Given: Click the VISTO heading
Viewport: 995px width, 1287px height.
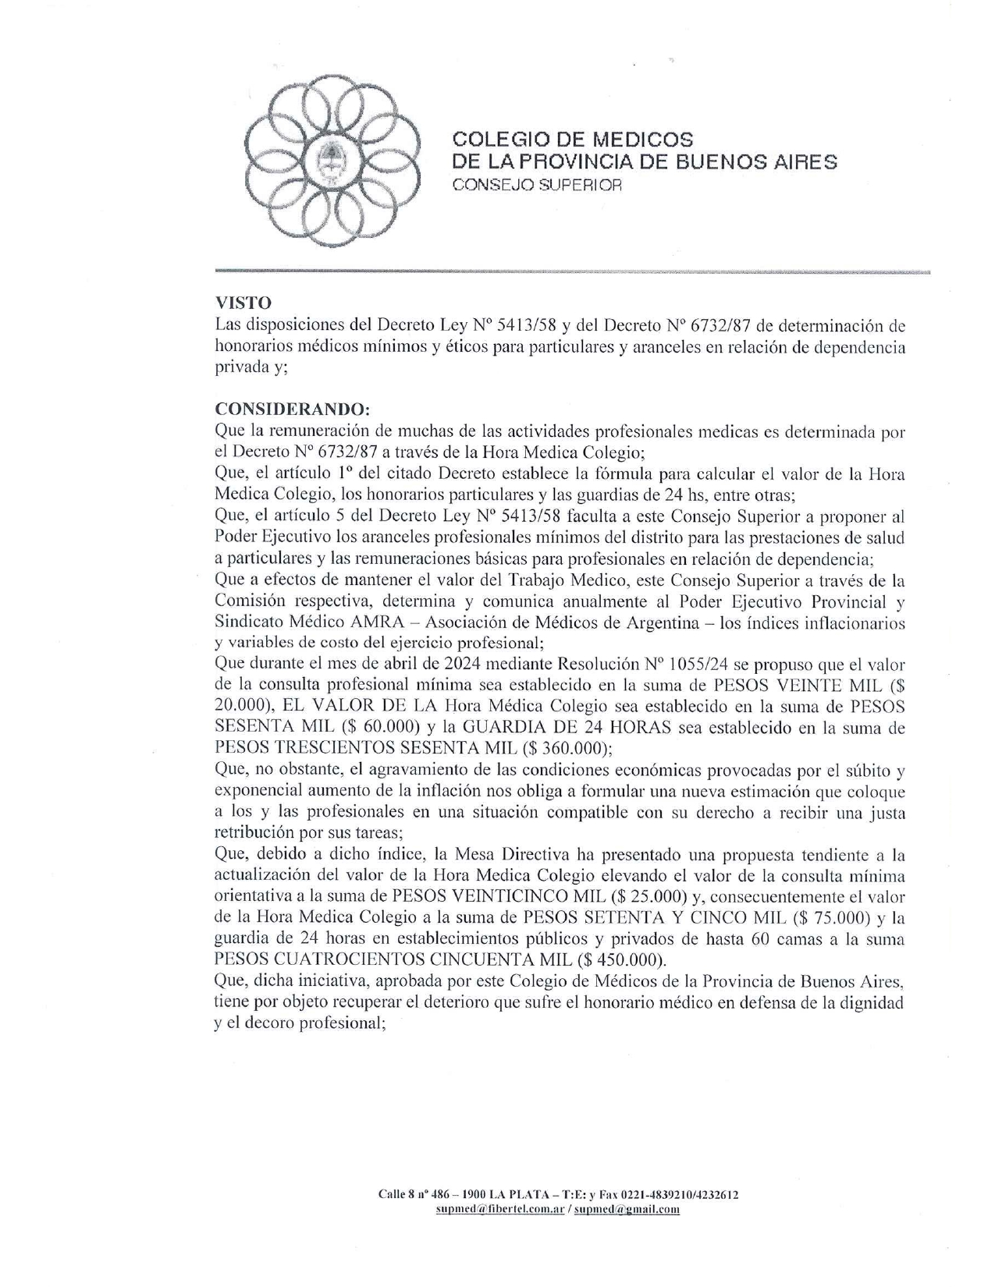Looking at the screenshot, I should point(243,303).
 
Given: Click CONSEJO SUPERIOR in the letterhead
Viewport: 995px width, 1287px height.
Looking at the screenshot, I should point(538,186).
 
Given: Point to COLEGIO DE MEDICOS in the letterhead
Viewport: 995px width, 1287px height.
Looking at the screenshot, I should point(572,140).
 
